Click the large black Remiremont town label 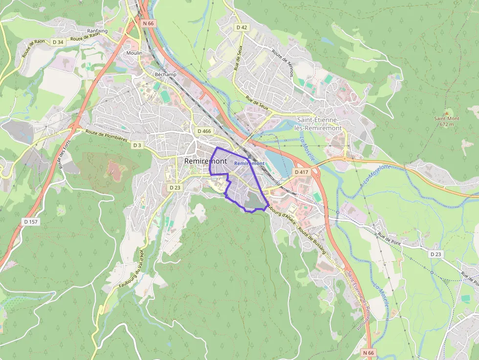(206, 161)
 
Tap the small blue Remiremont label (249, 163)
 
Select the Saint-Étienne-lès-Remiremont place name (319, 124)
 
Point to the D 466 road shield (204, 131)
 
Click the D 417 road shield (302, 172)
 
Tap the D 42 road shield (241, 27)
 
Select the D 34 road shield (57, 42)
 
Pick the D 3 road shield (137, 145)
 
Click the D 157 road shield (31, 222)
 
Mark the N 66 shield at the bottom (369, 353)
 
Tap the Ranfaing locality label (97, 31)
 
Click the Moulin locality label (134, 53)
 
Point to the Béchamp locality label (165, 74)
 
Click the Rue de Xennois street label (283, 64)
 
